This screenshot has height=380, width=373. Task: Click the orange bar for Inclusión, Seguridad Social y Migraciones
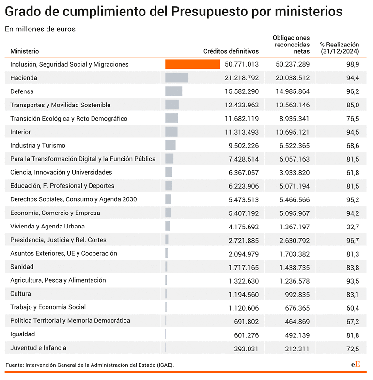pos(193,64)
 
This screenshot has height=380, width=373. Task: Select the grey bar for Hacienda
pos(177,78)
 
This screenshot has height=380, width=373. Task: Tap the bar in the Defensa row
pos(173,91)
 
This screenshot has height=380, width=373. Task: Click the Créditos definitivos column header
pos(231,51)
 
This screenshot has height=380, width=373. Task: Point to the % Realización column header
pos(340,48)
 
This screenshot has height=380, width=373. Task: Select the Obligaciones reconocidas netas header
pos(291,45)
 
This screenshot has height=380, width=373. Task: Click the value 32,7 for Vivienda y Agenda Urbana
pos(353,227)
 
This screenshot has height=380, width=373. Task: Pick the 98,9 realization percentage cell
pos(353,64)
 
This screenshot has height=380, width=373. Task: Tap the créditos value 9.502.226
pos(244,146)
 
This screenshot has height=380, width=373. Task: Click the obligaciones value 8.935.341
pos(295,119)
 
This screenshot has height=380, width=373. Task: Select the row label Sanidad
pos(22,267)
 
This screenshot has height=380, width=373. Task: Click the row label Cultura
pos(20,294)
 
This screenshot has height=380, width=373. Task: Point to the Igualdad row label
pos(23,334)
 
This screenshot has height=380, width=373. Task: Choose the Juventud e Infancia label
pos(38,348)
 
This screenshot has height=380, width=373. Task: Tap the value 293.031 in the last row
pos(247,349)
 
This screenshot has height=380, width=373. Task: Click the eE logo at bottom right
pos(355,364)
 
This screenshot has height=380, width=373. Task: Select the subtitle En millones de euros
pos(40,29)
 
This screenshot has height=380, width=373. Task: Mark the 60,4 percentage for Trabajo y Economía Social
pos(353,308)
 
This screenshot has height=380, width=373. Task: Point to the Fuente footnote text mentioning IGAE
pos(90,365)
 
